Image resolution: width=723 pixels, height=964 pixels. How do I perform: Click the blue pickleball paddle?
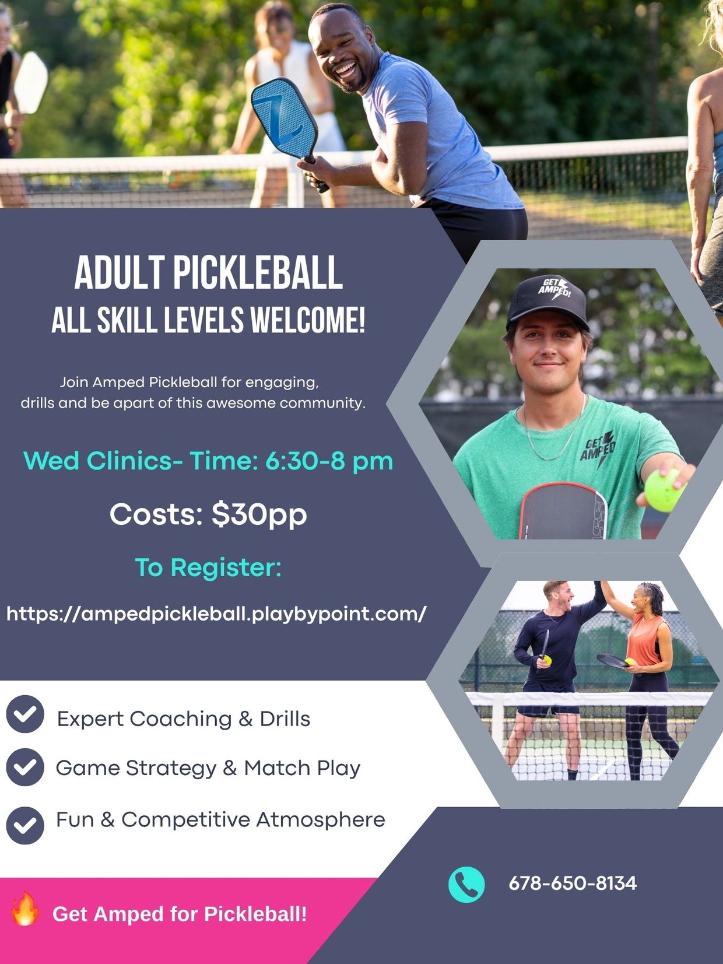285,118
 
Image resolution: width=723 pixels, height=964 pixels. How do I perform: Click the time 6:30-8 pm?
329,461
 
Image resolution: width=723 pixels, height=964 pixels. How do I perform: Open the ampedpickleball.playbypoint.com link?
216,614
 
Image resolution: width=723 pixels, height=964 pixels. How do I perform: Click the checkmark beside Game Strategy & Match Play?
25,767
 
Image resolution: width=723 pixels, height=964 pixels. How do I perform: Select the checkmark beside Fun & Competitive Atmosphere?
25,826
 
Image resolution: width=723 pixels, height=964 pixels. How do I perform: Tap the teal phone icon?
466,885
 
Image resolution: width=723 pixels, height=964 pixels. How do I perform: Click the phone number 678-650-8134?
573,883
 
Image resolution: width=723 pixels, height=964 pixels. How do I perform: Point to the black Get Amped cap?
548,302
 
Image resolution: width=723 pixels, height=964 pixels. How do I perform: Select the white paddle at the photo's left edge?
30,82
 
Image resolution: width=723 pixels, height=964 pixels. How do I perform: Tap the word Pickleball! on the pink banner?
255,914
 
